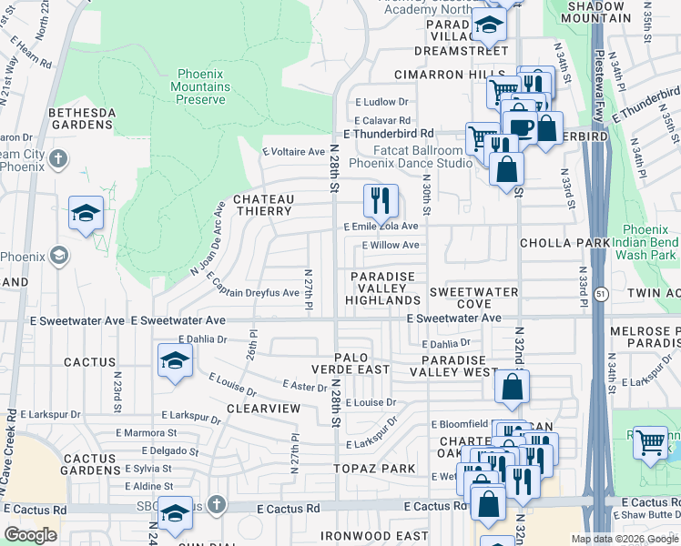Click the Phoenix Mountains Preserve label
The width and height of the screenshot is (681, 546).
[200, 86]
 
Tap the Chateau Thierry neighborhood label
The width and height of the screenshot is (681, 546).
[263, 205]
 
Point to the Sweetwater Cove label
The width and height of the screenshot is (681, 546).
[473, 298]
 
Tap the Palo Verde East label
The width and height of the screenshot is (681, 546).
[351, 363]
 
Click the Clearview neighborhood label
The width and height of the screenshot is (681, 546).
[263, 409]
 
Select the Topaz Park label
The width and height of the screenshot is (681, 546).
[384, 468]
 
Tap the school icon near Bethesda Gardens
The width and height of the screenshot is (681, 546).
[86, 214]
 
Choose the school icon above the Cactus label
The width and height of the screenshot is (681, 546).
[175, 360]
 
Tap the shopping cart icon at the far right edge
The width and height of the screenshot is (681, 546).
[650, 443]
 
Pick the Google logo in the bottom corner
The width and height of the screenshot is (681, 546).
[30, 535]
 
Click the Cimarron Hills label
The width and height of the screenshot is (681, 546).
[450, 74]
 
